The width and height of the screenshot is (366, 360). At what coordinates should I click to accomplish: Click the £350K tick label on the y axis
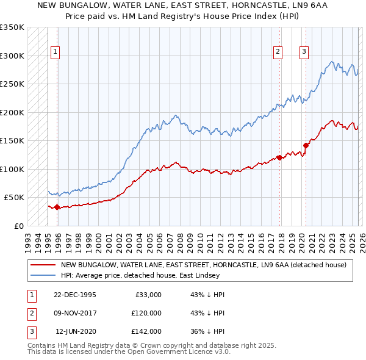coord(12,27)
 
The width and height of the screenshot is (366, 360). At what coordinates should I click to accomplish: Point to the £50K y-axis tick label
coord(14,198)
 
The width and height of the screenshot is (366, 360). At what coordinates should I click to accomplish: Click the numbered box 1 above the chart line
coord(55,52)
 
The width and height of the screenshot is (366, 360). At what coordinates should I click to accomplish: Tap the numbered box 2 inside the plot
coord(278,52)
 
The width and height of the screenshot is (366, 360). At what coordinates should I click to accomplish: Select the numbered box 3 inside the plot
coord(303,52)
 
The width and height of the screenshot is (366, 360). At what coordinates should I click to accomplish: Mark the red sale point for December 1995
coord(57,207)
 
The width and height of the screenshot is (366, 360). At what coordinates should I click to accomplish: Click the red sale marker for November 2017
coord(279,157)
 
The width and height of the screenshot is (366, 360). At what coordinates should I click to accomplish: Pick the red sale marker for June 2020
coord(306,145)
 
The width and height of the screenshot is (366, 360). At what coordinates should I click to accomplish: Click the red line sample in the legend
coord(43,265)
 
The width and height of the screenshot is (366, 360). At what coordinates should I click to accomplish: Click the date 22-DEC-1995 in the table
coord(74,295)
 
